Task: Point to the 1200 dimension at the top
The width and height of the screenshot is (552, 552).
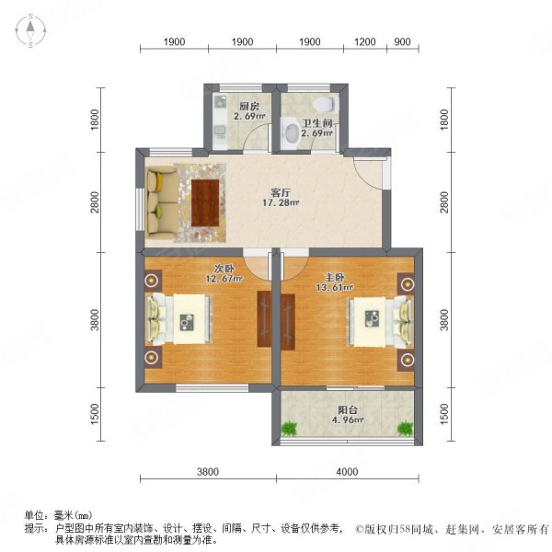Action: (365, 42)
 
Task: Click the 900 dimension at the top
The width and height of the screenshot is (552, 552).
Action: (402, 42)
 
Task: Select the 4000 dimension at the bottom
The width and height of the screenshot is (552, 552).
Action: (346, 472)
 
